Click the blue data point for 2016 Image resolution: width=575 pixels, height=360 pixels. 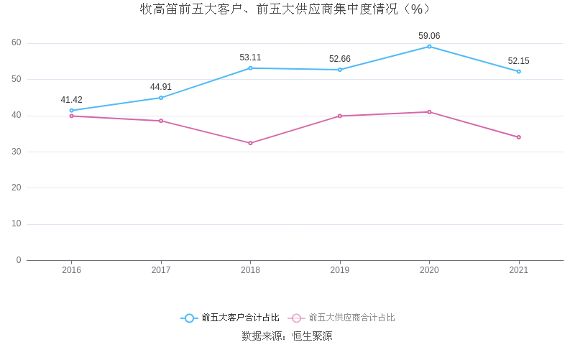click(72, 111)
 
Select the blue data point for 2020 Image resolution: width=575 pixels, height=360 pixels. click(429, 47)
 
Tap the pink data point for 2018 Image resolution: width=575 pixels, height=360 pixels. click(250, 143)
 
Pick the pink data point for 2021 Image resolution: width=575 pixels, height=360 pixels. click(518, 137)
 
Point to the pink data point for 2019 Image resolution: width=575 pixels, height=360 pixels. click(340, 116)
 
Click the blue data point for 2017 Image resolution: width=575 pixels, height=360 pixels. click(161, 98)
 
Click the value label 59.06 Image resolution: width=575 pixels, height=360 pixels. click(429, 36)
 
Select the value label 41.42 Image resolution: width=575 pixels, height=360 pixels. click(71, 100)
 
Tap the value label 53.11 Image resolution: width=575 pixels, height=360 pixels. click(250, 57)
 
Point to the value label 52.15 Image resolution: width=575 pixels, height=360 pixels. click(518, 61)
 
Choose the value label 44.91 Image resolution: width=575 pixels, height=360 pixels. click(161, 87)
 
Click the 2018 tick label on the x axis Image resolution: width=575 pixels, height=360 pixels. click(250, 270)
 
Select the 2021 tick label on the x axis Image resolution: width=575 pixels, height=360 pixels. click(518, 270)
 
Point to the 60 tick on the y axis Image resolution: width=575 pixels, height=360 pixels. click(17, 43)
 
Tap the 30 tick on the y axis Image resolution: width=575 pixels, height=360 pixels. click(17, 152)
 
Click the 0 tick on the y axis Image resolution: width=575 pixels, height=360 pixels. click(19, 260)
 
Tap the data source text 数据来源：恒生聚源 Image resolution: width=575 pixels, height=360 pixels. click(287, 336)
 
